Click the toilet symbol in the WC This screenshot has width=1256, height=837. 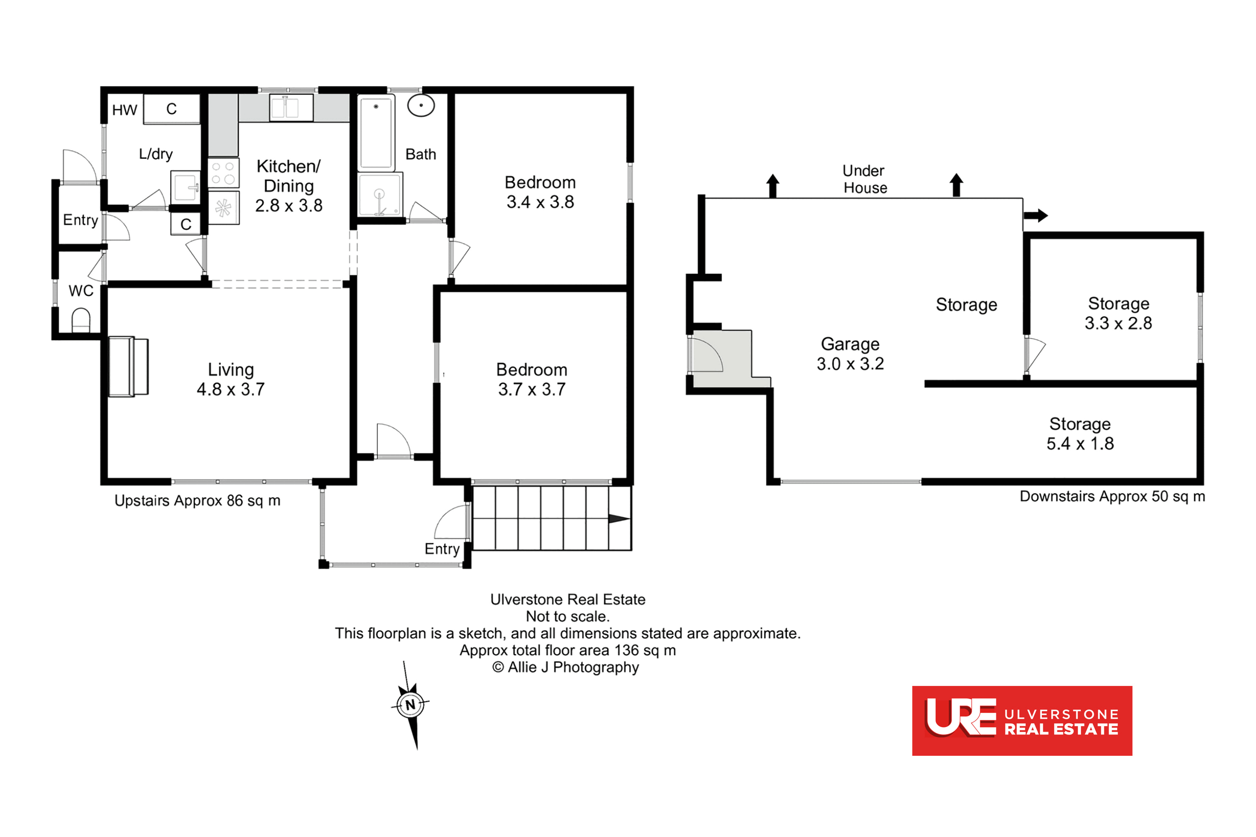click(81, 320)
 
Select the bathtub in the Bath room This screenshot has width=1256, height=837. click(376, 132)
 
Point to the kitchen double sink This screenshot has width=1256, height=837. click(291, 107)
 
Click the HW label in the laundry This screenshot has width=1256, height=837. click(124, 110)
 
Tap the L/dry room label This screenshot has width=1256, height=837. click(155, 154)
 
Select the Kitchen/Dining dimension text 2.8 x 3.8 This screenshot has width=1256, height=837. click(289, 205)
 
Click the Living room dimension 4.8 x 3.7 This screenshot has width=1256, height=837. click(231, 390)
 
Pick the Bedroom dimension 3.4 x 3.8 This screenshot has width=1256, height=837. click(540, 202)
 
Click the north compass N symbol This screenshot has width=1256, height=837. click(410, 705)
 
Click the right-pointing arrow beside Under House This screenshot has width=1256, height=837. click(1035, 216)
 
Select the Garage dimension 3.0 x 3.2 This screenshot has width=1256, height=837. click(850, 364)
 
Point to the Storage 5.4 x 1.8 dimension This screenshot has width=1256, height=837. click(1080, 444)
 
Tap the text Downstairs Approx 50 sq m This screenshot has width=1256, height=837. click(1112, 496)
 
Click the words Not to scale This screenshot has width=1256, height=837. click(568, 616)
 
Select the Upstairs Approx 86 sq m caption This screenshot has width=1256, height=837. click(197, 501)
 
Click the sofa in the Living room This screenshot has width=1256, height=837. click(128, 367)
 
